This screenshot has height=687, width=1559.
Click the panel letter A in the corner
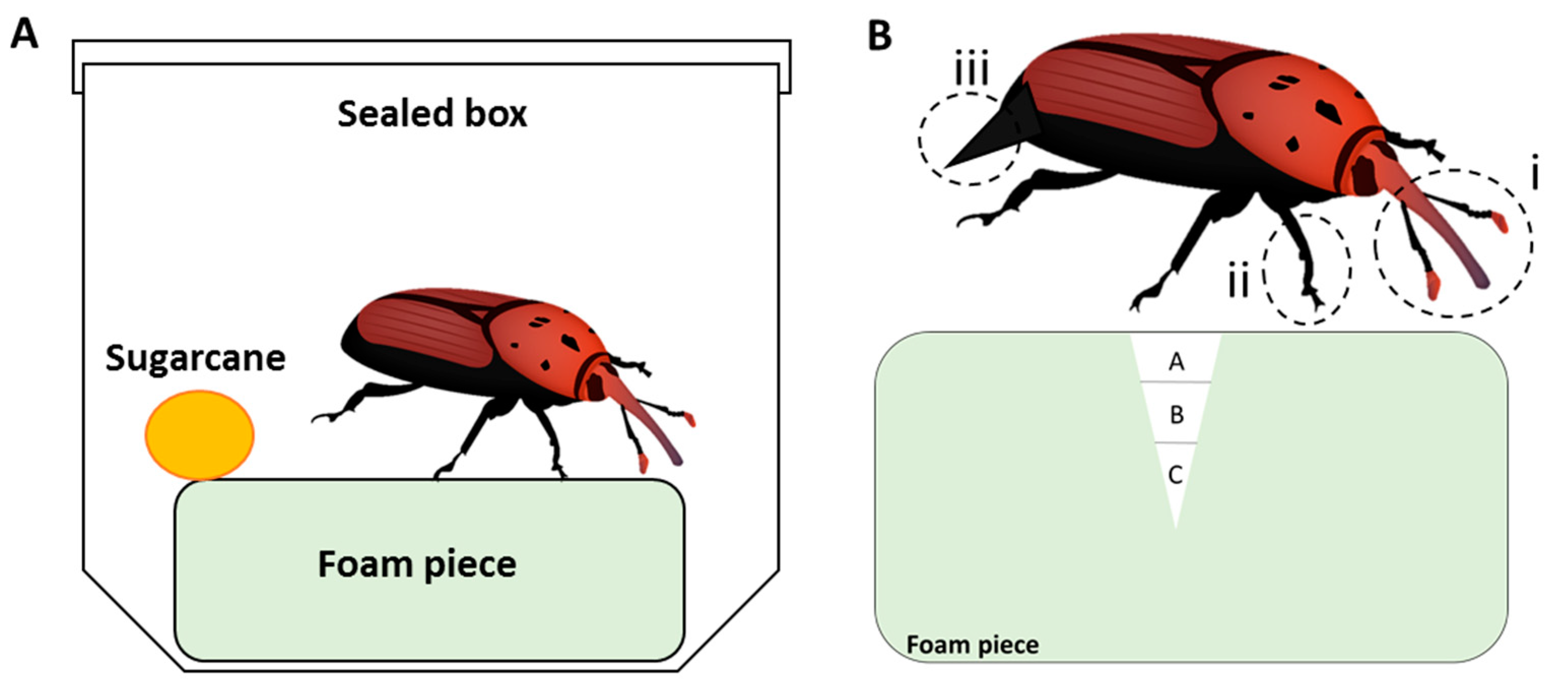click(x=24, y=34)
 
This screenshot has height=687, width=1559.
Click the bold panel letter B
click(x=879, y=35)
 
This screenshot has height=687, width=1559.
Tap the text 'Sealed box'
click(x=432, y=114)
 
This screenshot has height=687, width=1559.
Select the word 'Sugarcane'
click(x=195, y=358)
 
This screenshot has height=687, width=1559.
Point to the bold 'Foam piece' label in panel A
click(x=417, y=564)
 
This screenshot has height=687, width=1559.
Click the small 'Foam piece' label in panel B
click(x=972, y=645)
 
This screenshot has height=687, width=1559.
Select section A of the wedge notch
click(x=1176, y=362)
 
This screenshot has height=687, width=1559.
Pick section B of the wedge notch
click(x=1176, y=415)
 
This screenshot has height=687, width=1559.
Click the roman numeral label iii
click(x=971, y=70)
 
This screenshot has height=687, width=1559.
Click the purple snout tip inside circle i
click(x=1480, y=281)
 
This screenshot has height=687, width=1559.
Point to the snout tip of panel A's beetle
click(x=676, y=460)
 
